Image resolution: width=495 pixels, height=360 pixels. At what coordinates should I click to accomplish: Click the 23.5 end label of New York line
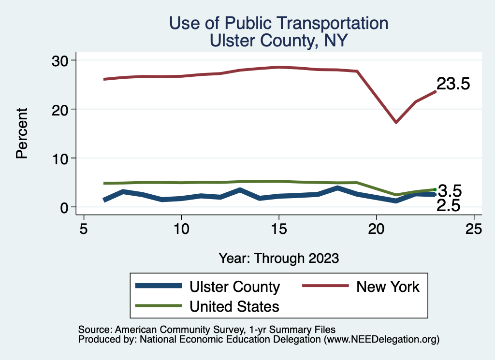tap(453, 84)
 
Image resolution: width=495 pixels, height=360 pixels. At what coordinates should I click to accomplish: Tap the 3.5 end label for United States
tap(450, 190)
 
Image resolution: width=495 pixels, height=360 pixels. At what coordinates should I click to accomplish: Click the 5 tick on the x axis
tap(84, 229)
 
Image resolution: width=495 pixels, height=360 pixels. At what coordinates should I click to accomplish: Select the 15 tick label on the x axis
tap(279, 229)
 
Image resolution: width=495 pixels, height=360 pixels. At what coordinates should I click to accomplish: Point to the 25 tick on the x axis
tap(474, 229)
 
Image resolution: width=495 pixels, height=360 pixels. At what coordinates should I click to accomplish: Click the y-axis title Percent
tap(21, 133)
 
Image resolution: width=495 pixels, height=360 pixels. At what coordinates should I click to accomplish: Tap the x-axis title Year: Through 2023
tap(278, 258)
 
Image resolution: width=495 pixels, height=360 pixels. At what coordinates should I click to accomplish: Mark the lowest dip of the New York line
tap(396, 122)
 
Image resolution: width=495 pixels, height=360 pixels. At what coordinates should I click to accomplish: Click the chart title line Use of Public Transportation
tap(278, 23)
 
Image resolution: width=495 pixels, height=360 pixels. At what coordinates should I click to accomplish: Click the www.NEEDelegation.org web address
tap(381, 340)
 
